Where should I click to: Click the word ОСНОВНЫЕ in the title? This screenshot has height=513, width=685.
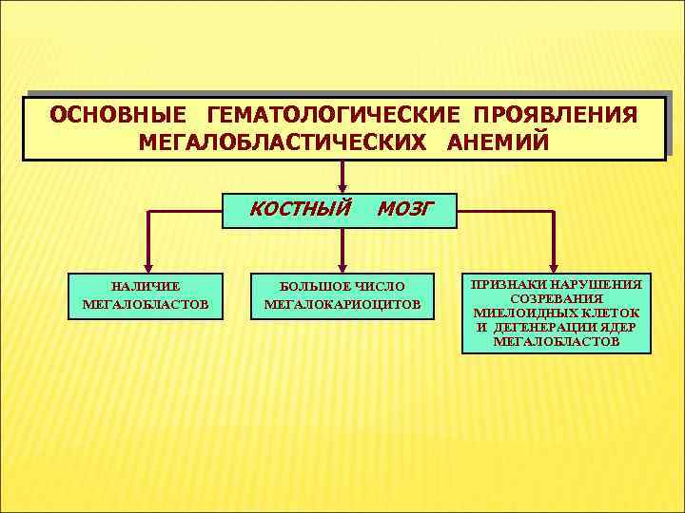pyautogui.click(x=118, y=117)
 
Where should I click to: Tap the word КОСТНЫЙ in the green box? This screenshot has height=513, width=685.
pyautogui.click(x=301, y=208)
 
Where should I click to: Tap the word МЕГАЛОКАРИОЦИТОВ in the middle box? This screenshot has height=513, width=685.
pyautogui.click(x=342, y=305)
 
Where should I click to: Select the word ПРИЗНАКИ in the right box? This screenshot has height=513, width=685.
pyautogui.click(x=510, y=284)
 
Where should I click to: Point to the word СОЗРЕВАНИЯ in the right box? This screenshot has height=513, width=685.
pyautogui.click(x=557, y=298)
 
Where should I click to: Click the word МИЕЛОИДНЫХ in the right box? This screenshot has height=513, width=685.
pyautogui.click(x=521, y=313)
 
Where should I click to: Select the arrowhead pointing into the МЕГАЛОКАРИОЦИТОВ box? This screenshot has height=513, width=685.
pyautogui.click(x=342, y=266)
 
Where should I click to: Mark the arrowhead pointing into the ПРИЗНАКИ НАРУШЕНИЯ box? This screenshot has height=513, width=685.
pyautogui.click(x=556, y=267)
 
